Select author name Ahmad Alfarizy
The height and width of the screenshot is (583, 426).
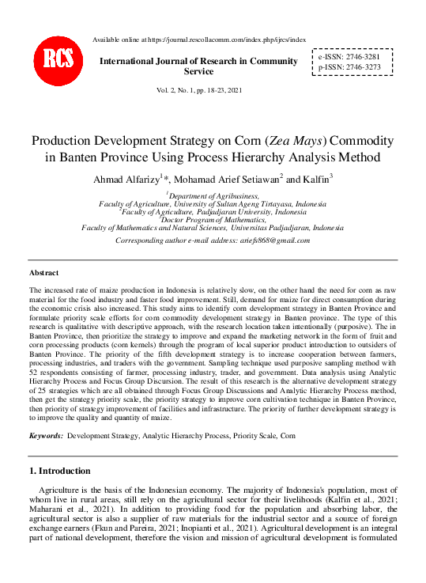[126, 179]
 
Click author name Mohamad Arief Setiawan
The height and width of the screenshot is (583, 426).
[225, 179]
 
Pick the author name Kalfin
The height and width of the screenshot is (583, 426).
[314, 179]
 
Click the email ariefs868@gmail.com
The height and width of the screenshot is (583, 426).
[271, 240]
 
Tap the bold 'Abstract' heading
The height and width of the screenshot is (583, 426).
[43, 272]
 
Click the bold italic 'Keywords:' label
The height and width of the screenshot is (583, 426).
[46, 436]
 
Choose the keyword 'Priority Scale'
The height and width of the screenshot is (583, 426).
[256, 436]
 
